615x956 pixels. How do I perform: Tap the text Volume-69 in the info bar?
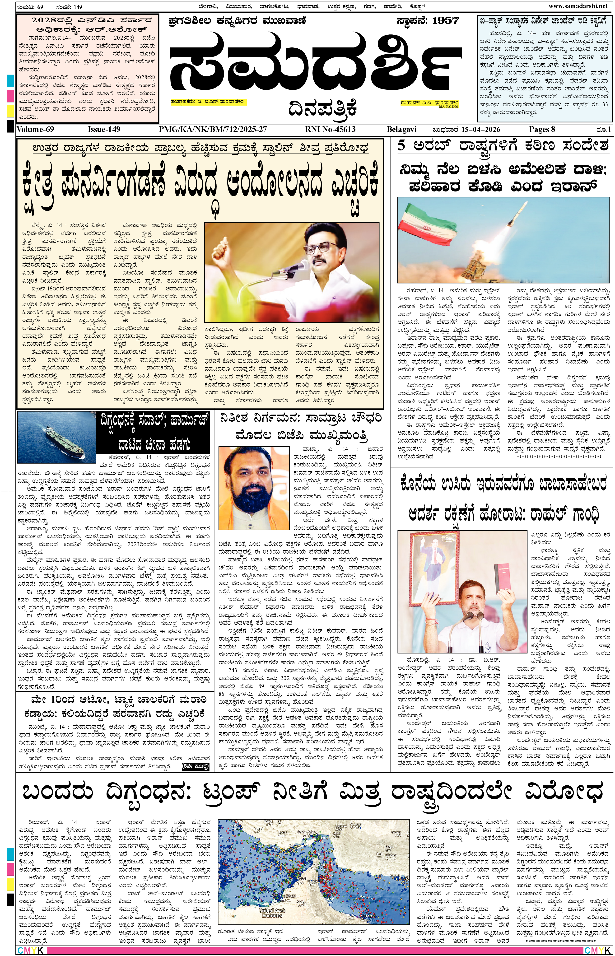[x=35, y=129]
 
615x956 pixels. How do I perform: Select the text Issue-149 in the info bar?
[x=104, y=129]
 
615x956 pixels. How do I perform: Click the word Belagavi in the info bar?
[x=401, y=129]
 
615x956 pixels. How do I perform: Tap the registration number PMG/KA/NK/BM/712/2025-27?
[x=212, y=129]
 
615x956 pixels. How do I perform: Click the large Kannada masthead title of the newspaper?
[x=316, y=64]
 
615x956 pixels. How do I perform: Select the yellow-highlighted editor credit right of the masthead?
[x=429, y=103]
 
